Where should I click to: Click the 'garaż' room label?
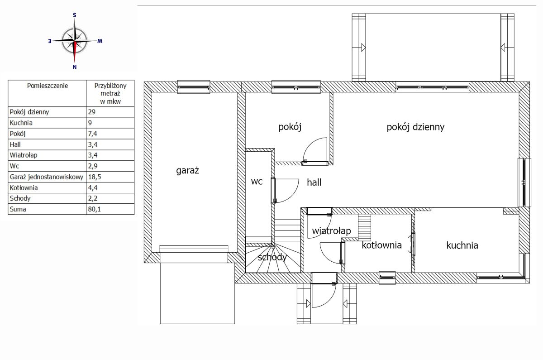point(187,171)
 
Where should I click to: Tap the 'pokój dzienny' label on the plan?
point(415,127)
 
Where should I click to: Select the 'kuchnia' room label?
point(462,245)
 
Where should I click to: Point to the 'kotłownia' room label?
point(381,245)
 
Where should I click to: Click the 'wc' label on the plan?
point(257,182)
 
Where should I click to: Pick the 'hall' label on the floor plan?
point(314,182)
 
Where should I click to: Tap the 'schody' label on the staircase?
point(272,257)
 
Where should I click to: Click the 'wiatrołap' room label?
point(331,231)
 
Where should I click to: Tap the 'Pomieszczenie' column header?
point(47,86)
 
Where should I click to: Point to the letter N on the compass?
point(75,67)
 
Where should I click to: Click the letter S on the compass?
point(74,15)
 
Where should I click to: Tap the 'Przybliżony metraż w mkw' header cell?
point(110,93)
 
